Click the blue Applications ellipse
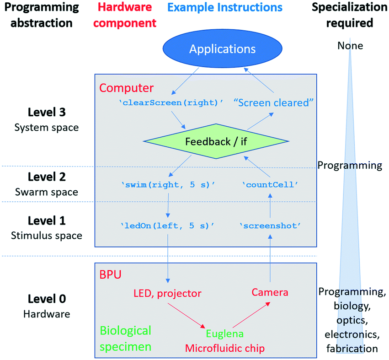(223, 49)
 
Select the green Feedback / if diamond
(217, 141)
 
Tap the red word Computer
(127, 88)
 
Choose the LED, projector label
(167, 293)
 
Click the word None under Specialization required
(350, 45)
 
